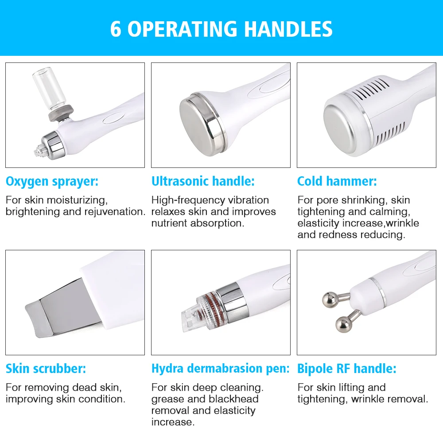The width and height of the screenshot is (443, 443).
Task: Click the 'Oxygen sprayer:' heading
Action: click(x=52, y=181)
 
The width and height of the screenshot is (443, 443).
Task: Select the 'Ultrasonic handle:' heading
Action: click(x=203, y=181)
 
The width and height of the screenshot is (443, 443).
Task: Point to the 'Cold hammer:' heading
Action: click(x=337, y=181)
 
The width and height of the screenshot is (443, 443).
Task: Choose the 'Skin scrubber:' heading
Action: click(x=46, y=369)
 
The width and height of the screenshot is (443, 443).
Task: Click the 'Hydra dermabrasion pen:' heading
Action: click(x=220, y=369)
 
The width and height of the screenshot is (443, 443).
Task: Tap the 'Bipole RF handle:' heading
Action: click(x=346, y=369)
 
